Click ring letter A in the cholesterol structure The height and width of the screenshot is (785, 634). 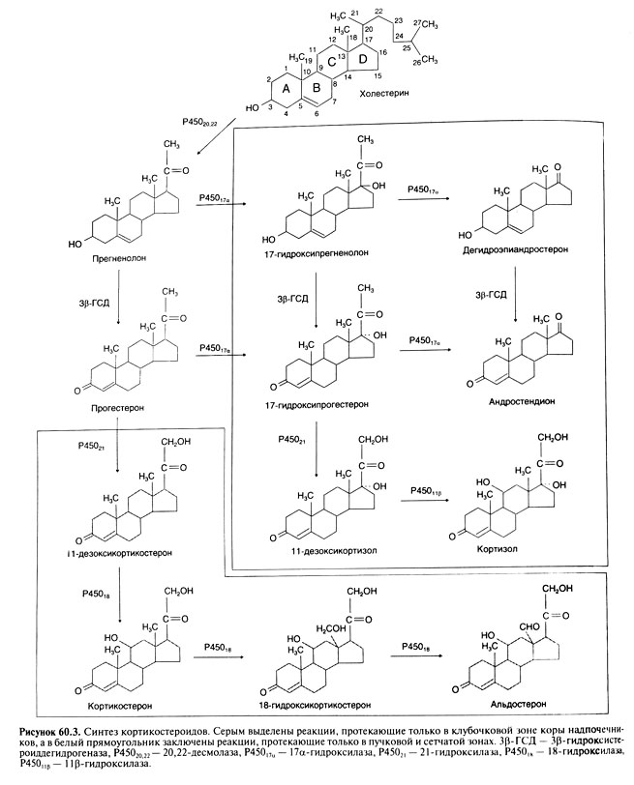pos(285,89)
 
